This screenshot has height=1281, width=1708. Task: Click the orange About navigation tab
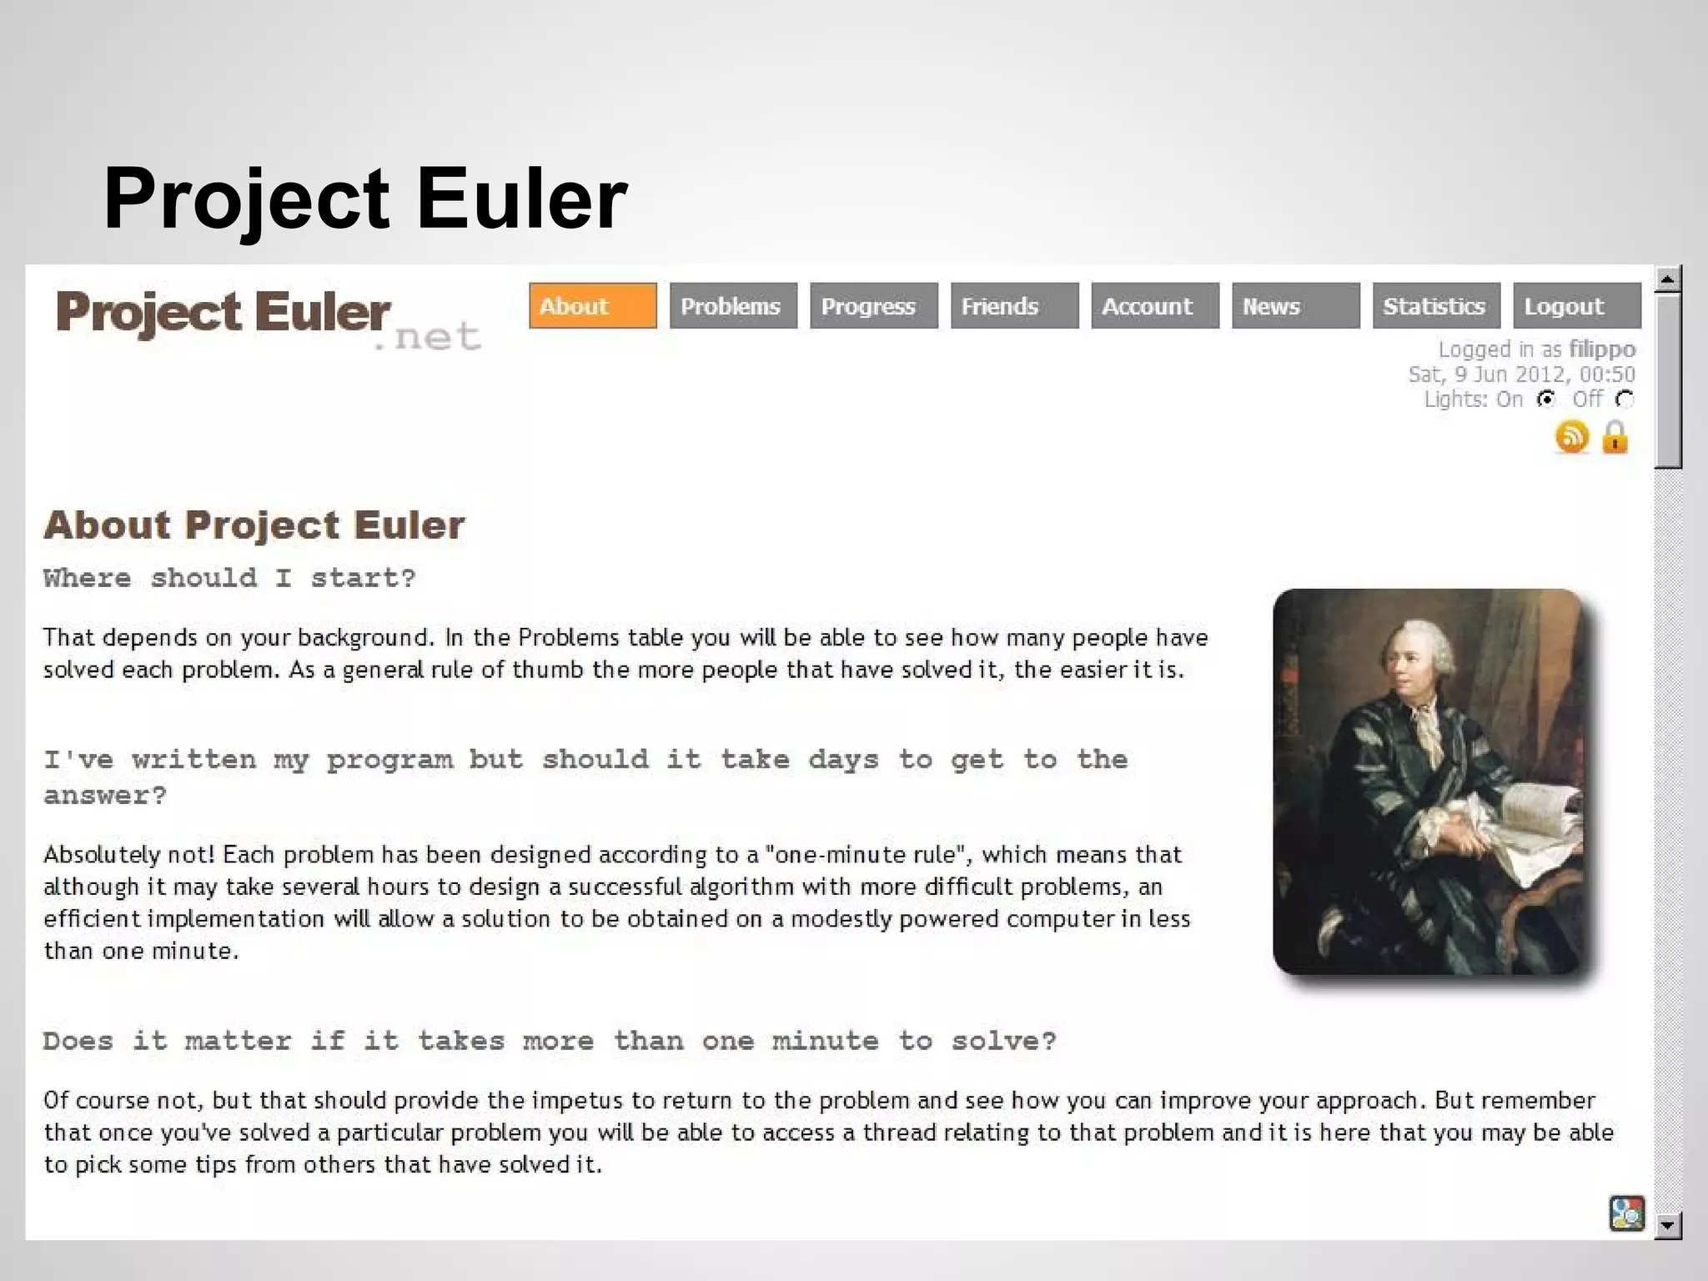click(x=592, y=306)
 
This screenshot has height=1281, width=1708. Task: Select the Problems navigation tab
click(x=732, y=306)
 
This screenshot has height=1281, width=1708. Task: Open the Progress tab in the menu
click(x=873, y=306)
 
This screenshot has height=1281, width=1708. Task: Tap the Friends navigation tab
click(x=1014, y=306)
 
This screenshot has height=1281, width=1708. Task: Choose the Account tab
click(x=1154, y=306)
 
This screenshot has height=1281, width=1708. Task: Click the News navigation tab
click(x=1295, y=306)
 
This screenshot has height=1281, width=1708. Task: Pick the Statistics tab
click(x=1435, y=306)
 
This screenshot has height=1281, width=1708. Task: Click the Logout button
click(x=1576, y=306)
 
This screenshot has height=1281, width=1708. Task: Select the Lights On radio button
click(x=1546, y=399)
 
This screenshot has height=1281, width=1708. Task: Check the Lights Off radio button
click(x=1624, y=399)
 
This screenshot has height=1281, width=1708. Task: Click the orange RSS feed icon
click(x=1572, y=437)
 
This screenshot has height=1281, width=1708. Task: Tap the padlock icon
click(x=1615, y=437)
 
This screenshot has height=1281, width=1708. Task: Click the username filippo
click(x=1602, y=349)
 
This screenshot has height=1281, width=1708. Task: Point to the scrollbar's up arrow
click(x=1667, y=279)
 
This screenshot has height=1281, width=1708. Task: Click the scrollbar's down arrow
click(x=1667, y=1225)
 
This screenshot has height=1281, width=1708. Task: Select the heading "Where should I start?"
click(x=229, y=578)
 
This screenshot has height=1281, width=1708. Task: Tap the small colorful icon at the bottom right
click(x=1626, y=1213)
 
